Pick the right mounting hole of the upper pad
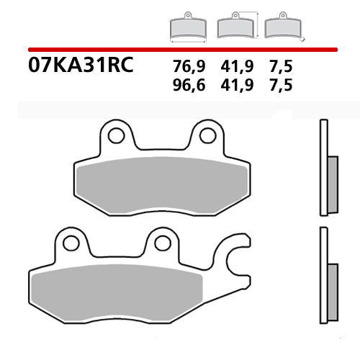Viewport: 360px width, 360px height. (x=207, y=135)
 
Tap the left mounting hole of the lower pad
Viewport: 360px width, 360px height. (x=71, y=243)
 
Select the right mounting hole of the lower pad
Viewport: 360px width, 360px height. (x=162, y=243)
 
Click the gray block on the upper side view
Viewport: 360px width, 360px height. (x=332, y=184)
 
